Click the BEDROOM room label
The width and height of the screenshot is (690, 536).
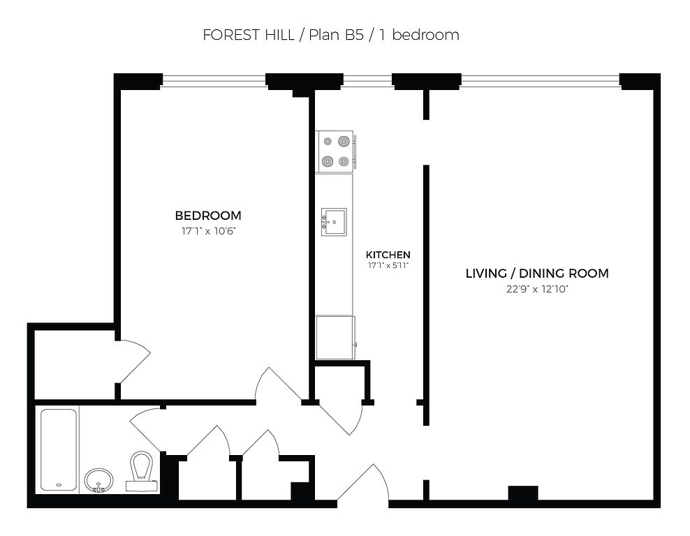pyautogui.click(x=208, y=216)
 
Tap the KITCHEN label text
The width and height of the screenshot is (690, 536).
pyautogui.click(x=388, y=255)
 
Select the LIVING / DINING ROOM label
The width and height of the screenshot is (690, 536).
pyautogui.click(x=537, y=273)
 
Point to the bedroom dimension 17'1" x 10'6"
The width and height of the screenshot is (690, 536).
pyautogui.click(x=209, y=231)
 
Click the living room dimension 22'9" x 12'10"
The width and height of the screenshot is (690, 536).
pyautogui.click(x=537, y=290)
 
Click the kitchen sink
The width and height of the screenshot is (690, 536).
pyautogui.click(x=334, y=223)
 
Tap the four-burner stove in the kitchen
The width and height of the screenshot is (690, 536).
pyautogui.click(x=335, y=151)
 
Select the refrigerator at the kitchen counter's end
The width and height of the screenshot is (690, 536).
pyautogui.click(x=336, y=337)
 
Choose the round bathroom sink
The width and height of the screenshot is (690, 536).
pyautogui.click(x=98, y=480)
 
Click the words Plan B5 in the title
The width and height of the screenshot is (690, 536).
pyautogui.click(x=336, y=35)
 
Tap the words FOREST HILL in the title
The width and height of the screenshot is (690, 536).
pyautogui.click(x=248, y=35)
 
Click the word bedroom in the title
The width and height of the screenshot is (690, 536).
pyautogui.click(x=425, y=35)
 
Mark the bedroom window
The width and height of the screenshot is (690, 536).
pyautogui.click(x=214, y=80)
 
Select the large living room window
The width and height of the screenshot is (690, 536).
pyautogui.click(x=541, y=80)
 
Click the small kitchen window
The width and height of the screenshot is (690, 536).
pyautogui.click(x=367, y=80)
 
